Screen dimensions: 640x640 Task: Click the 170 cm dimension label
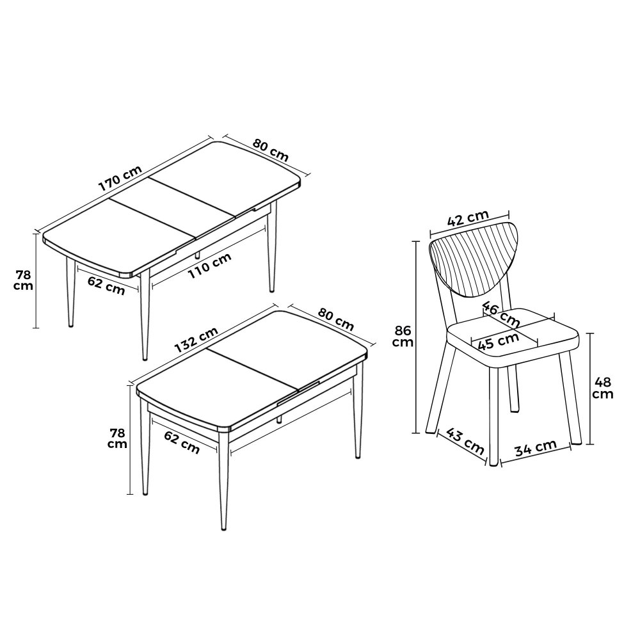(120, 178)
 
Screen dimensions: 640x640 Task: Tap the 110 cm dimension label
(210, 266)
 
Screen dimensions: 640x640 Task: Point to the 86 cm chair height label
(403, 336)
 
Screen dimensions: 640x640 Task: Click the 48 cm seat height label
(603, 388)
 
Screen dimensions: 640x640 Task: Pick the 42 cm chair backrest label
(468, 218)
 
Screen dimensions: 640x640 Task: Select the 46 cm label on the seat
(501, 314)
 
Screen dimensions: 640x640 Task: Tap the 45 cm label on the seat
(498, 341)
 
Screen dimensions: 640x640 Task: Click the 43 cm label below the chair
(465, 441)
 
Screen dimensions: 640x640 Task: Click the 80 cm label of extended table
(271, 150)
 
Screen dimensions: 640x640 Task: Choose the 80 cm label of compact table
(336, 319)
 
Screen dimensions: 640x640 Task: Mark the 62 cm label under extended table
(106, 285)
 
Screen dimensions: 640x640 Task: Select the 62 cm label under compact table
(182, 442)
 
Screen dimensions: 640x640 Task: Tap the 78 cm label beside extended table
(23, 280)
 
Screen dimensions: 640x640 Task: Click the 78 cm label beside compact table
(117, 438)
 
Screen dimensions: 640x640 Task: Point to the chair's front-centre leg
(493, 416)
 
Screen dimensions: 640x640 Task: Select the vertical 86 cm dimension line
(417, 337)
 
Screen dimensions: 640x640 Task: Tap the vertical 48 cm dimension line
(590, 388)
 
